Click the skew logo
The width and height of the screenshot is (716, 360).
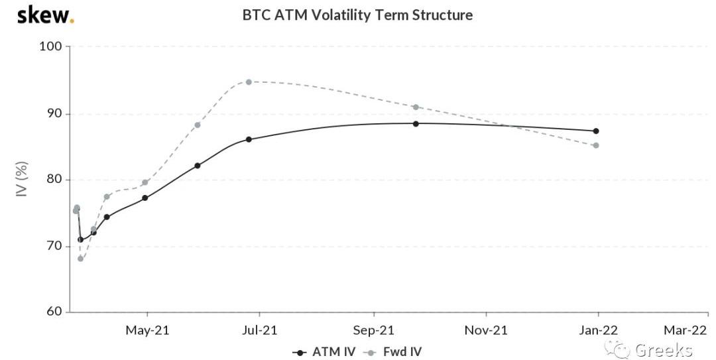[x=44, y=15]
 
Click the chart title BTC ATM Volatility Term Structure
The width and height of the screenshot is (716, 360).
[x=357, y=15]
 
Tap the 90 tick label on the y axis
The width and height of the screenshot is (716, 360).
[x=54, y=113]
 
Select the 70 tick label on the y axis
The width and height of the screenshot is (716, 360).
[x=54, y=246]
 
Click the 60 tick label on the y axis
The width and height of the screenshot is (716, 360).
[x=54, y=312]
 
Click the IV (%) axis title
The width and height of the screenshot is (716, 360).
[x=22, y=179]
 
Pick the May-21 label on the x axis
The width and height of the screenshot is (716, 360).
[x=147, y=330]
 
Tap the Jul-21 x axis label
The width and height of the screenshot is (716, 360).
[x=260, y=330]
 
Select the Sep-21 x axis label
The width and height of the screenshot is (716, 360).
[x=373, y=330]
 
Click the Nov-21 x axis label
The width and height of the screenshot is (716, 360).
[x=486, y=330]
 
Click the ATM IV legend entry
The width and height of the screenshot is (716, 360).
[x=324, y=351]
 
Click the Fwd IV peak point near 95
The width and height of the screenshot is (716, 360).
[x=249, y=82]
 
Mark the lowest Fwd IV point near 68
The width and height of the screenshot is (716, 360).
[x=81, y=259]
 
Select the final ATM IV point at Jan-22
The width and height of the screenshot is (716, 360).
[x=596, y=131]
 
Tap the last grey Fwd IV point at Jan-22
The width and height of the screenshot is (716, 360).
[x=596, y=145]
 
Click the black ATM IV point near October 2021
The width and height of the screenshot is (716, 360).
[x=416, y=123]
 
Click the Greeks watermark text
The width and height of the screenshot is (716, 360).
[x=663, y=350]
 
